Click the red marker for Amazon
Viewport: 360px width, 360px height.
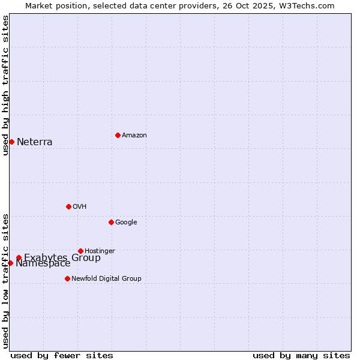pyautogui.click(x=118, y=135)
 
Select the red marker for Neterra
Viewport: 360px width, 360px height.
pyautogui.click(x=11, y=142)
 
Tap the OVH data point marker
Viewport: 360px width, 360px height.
pyautogui.click(x=68, y=206)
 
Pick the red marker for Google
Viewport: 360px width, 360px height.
pyautogui.click(x=111, y=222)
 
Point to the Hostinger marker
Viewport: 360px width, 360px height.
pyautogui.click(x=80, y=251)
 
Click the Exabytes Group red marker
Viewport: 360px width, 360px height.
pyautogui.click(x=19, y=257)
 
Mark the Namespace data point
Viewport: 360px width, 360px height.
pyautogui.click(x=10, y=263)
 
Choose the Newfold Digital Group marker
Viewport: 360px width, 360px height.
pyautogui.click(x=67, y=278)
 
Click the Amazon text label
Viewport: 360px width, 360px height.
pyautogui.click(x=134, y=136)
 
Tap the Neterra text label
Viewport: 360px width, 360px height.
pyautogui.click(x=34, y=142)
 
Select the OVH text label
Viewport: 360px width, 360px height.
pyautogui.click(x=80, y=207)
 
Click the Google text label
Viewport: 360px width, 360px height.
pyautogui.click(x=126, y=223)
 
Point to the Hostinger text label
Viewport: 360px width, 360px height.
pyautogui.click(x=100, y=251)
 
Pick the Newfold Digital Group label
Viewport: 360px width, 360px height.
pyautogui.click(x=106, y=278)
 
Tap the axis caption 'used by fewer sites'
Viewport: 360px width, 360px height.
pyautogui.click(x=62, y=355)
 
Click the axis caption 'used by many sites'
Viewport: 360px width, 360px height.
pyautogui.click(x=301, y=355)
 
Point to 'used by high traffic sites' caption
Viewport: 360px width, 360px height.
pyautogui.click(x=5, y=85)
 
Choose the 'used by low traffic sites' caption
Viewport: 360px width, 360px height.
pyautogui.click(x=5, y=281)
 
